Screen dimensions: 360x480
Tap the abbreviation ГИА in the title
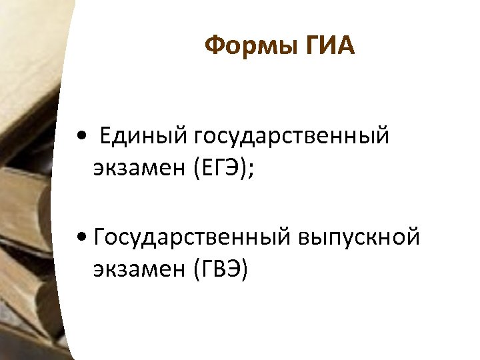(x=329, y=47)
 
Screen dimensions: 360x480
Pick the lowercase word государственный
(x=291, y=137)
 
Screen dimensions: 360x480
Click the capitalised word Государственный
(x=194, y=237)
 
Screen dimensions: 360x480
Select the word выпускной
(x=360, y=237)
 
